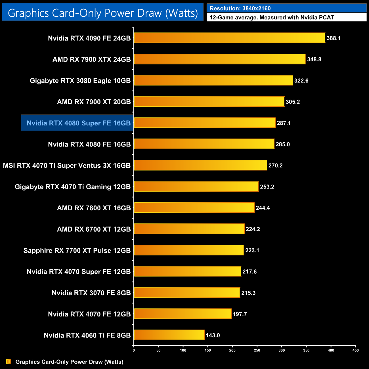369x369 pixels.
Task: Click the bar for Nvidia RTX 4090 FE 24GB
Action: point(229,38)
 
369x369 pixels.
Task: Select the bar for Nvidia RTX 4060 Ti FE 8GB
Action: point(169,335)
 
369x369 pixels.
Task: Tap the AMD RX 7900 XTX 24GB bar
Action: point(220,59)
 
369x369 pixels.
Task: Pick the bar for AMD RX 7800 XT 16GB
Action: point(194,208)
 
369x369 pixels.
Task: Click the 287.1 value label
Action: point(284,123)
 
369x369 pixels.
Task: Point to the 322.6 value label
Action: point(301,81)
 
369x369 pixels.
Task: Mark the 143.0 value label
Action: point(213,335)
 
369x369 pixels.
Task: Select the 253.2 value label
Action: point(267,187)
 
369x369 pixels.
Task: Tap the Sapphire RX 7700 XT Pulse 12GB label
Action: point(77,250)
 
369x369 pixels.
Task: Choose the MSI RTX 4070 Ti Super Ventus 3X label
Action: point(67,165)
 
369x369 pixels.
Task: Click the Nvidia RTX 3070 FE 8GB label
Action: point(91,293)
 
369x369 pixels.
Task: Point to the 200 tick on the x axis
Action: point(232,350)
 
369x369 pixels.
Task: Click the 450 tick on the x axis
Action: point(355,350)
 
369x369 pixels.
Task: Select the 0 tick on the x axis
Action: point(134,350)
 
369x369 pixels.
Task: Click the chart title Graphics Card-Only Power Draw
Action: point(103,13)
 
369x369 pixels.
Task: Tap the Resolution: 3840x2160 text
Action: point(240,9)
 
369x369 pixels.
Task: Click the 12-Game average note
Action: point(272,18)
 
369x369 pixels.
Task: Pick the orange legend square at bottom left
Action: point(9,361)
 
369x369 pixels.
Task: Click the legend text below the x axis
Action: point(69,362)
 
